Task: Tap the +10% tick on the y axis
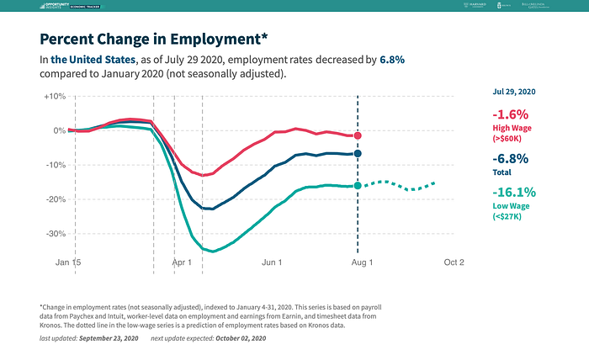(54, 96)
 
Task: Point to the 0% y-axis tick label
(59, 130)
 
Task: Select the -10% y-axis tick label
(55, 165)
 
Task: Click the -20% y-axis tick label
(55, 199)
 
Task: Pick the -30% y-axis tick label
(55, 234)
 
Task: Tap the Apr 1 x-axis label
(183, 262)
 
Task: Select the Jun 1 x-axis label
(272, 262)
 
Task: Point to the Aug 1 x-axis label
(361, 262)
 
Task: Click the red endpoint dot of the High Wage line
(358, 135)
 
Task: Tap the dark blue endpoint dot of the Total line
(358, 154)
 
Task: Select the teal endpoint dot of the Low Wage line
(358, 185)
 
